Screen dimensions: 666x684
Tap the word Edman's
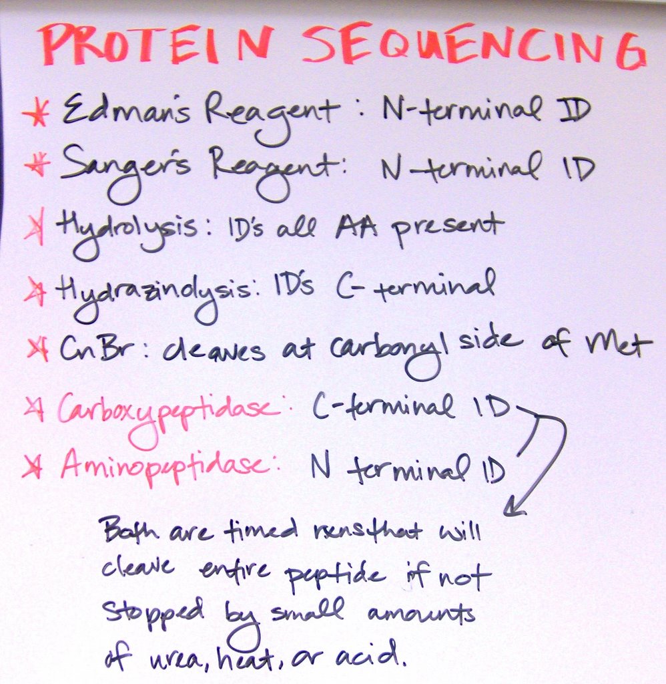(x=126, y=109)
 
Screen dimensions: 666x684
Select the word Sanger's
(x=125, y=171)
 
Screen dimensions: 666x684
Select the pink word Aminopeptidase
(x=165, y=467)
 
